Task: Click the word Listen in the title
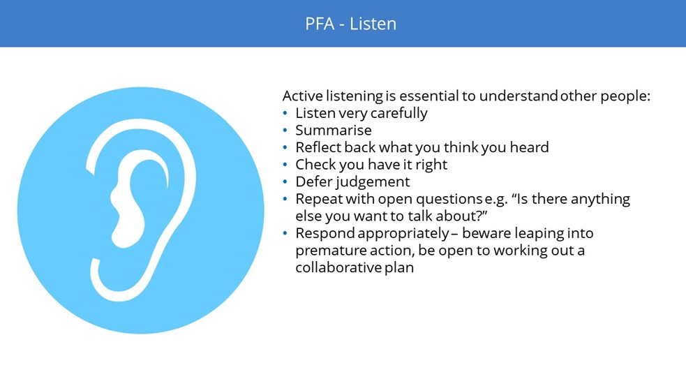[373, 24]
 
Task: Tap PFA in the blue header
[320, 24]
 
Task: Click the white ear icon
[141, 210]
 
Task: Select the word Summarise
[334, 130]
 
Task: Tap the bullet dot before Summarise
[285, 131]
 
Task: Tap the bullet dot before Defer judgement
[285, 181]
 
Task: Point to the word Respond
[325, 234]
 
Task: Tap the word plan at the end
[399, 268]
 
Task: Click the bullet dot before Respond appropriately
[285, 233]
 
